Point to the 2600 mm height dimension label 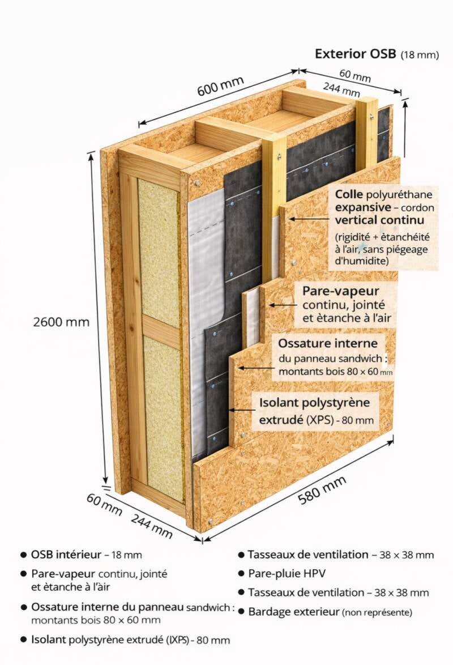pyautogui.click(x=61, y=322)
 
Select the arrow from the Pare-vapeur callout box pyautogui.click(x=283, y=305)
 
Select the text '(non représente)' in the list pyautogui.click(x=377, y=612)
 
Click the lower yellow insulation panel pyautogui.click(x=163, y=416)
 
